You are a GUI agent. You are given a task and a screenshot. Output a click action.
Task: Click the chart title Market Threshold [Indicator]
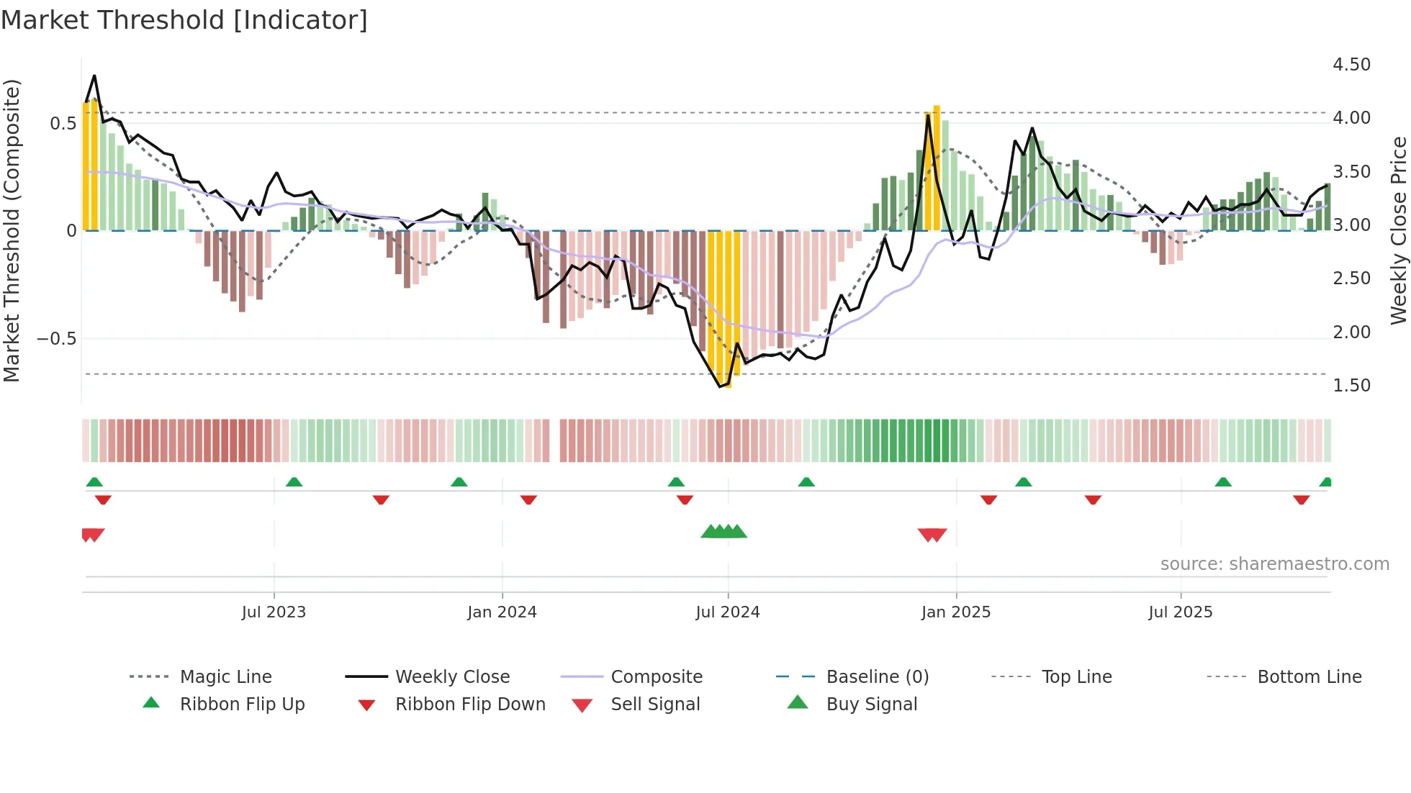[x=184, y=20]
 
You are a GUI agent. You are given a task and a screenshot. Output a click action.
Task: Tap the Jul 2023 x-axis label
[x=274, y=612]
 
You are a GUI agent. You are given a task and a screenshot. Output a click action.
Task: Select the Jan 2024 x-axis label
[x=502, y=612]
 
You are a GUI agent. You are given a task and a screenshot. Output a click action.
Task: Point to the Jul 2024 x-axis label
[x=727, y=612]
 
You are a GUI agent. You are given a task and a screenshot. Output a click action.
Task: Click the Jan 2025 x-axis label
[x=955, y=612]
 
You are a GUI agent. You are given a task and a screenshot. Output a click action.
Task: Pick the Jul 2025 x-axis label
[x=1180, y=612]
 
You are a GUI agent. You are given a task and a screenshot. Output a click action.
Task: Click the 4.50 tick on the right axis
[x=1351, y=65]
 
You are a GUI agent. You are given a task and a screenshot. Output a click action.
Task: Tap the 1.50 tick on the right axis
[x=1351, y=386]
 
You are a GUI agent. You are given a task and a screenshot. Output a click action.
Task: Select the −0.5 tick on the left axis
[x=56, y=339]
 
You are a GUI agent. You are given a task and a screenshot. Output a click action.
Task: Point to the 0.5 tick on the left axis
[x=63, y=124]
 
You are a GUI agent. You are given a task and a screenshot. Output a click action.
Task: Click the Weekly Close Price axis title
[x=1398, y=230]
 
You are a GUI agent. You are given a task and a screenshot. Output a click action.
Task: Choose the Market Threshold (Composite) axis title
[x=12, y=230]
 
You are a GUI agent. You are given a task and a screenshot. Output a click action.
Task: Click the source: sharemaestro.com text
[x=1274, y=564]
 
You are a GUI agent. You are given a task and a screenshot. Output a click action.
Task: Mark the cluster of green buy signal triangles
[x=723, y=532]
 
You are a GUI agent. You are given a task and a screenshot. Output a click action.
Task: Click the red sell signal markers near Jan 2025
[x=932, y=535]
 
